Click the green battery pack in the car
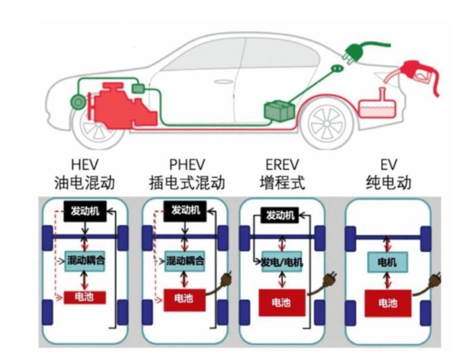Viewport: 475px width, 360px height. tap(279, 110)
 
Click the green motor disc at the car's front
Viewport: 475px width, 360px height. tap(77, 101)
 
